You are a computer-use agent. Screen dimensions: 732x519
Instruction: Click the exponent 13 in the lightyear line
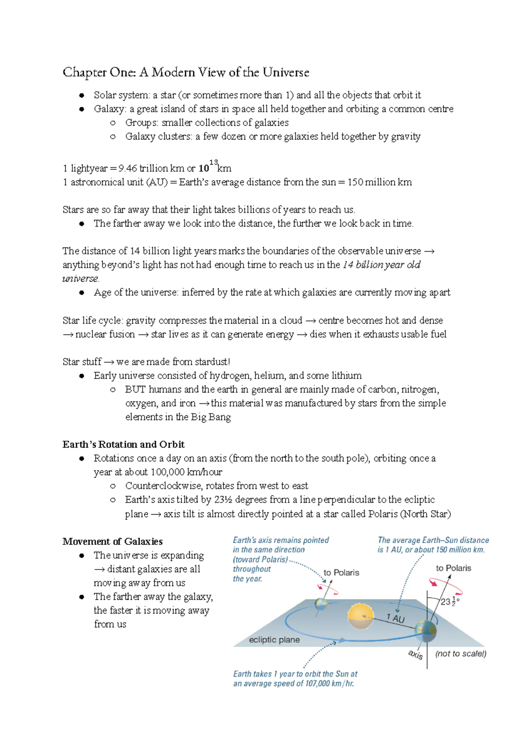[213, 162]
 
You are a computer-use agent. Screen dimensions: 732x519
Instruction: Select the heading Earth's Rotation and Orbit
[123, 444]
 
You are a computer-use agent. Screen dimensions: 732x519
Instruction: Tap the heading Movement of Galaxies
[112, 541]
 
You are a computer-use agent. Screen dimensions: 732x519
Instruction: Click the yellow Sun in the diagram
[361, 615]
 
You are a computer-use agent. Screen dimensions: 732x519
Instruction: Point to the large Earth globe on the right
[426, 631]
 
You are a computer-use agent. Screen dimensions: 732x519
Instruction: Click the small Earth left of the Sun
[321, 604]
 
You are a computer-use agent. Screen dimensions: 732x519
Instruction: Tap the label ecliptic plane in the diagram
[274, 640]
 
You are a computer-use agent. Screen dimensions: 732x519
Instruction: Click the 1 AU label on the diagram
[395, 618]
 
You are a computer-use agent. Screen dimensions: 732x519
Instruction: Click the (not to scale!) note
[461, 654]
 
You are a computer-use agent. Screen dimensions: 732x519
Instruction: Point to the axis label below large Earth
[415, 655]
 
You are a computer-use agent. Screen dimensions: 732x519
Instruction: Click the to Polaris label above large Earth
[453, 568]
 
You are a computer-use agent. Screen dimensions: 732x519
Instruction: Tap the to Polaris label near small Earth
[341, 573]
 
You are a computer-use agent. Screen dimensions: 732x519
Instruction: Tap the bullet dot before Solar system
[81, 95]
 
